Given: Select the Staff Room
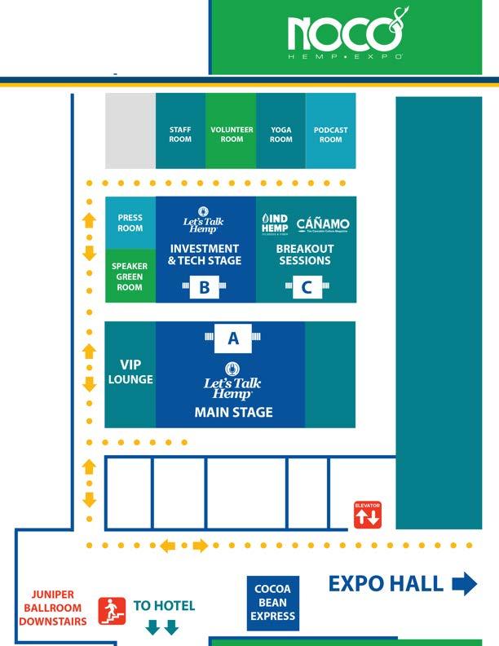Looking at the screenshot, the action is coord(180,135).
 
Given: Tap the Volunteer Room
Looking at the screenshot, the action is coord(232,135).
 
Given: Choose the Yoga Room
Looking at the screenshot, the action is coord(281,135).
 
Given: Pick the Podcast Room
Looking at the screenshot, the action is coord(330,135).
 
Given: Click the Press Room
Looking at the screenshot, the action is coord(130,223).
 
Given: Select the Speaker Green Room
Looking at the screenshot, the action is coord(130,277).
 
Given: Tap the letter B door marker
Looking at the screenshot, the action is coord(205,287).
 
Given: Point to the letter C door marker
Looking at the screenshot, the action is coord(307,287).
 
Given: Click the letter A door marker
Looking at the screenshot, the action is coord(233,338).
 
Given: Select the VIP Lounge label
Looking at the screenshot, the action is coord(130,372).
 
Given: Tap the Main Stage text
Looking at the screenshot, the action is coord(233,413).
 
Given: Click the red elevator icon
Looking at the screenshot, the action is coord(367,515).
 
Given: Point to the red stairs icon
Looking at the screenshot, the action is coord(112,611).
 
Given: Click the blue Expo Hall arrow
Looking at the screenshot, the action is coord(464,584).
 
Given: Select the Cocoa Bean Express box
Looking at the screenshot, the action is coord(273,603).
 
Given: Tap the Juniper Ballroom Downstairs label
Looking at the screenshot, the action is coord(53,608).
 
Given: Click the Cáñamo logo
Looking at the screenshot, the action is coord(323,224).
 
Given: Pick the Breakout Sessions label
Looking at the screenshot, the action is coord(306,254).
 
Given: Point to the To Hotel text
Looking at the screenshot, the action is coord(164,606).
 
